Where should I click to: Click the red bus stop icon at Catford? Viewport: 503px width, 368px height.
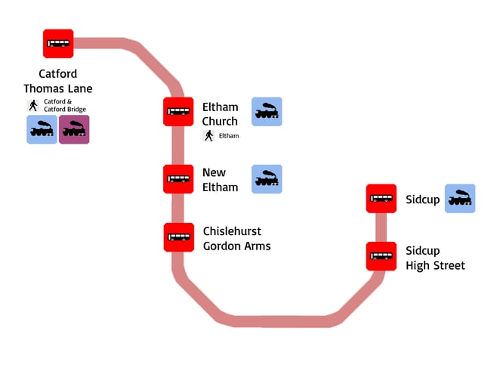pos(58,44)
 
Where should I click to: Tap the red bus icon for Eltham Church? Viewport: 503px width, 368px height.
pos(179,112)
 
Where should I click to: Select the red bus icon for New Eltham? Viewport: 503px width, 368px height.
pos(179,179)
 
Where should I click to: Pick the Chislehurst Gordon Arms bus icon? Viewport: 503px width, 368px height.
pos(179,237)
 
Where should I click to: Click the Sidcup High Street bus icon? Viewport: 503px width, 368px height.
pos(381,256)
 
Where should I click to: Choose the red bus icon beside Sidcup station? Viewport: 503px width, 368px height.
pos(381,199)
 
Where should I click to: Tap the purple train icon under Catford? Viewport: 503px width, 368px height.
pos(74,129)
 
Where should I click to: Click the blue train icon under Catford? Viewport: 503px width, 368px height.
pos(42,129)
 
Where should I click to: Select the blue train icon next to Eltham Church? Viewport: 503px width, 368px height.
pos(267,112)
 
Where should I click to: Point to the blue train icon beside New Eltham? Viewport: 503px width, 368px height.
pos(267,179)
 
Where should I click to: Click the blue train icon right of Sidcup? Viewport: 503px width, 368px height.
pos(460,198)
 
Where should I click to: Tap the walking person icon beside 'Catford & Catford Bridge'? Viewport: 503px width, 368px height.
pos(33,105)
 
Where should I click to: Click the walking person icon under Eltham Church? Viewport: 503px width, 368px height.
pos(209,135)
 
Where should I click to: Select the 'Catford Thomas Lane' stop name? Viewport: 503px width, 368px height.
pos(58,82)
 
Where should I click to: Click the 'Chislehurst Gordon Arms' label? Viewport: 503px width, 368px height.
pos(236,238)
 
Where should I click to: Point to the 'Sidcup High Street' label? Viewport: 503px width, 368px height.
pos(435,258)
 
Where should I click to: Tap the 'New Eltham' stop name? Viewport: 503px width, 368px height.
pos(220,180)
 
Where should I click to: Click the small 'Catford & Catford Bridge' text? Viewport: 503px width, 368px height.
pos(65,105)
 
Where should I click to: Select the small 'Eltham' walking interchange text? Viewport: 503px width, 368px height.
pos(229,136)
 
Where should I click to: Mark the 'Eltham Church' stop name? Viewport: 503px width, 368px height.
pos(220,114)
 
